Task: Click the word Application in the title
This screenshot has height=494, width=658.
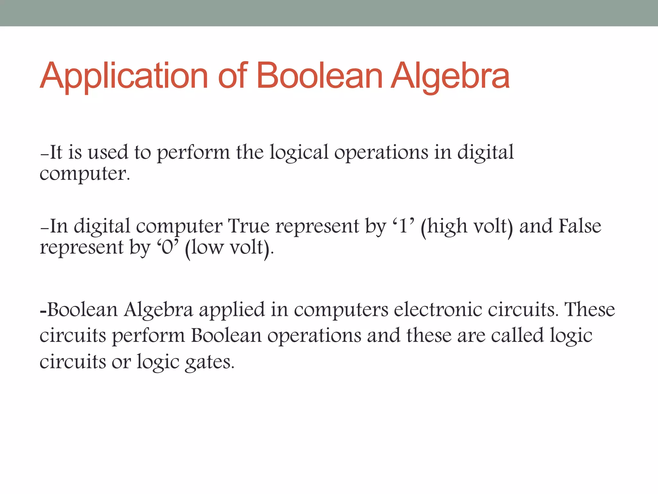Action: tap(124, 77)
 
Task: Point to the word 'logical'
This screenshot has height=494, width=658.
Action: tap(299, 153)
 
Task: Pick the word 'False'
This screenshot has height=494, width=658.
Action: tap(580, 226)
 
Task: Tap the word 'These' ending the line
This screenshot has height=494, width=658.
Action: tap(590, 309)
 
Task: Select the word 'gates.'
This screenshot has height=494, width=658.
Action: tap(209, 362)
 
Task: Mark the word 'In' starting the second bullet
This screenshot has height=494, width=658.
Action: tap(59, 226)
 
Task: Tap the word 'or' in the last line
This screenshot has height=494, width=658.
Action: tap(121, 362)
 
